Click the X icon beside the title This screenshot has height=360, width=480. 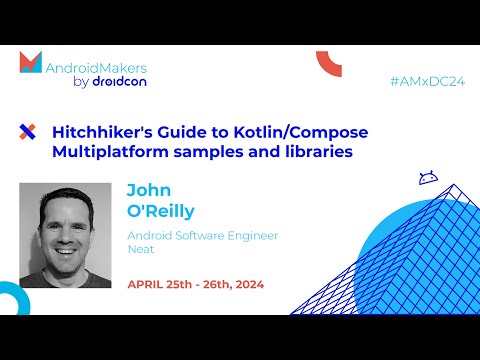(x=28, y=131)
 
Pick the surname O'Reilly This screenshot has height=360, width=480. (x=162, y=210)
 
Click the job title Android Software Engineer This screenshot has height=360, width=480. (x=202, y=236)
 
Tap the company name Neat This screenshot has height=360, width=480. (x=139, y=252)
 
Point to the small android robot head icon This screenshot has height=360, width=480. (x=428, y=178)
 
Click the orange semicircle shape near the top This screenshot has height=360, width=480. (x=329, y=64)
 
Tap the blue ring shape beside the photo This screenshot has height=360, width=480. (x=10, y=300)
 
